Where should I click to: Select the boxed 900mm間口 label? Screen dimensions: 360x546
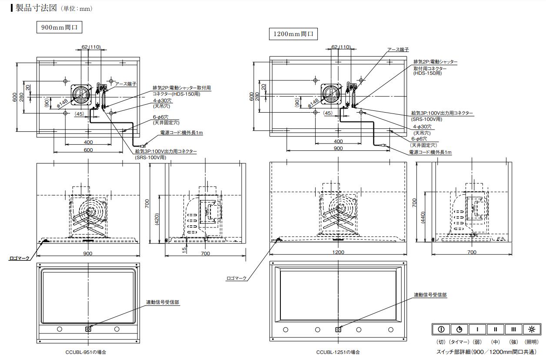click(59, 28)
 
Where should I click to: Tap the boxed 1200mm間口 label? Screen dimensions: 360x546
click(293, 34)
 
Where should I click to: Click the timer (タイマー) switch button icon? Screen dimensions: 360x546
click(459, 329)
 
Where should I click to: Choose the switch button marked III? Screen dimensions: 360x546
click(513, 329)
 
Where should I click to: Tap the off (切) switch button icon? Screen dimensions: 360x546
click(441, 329)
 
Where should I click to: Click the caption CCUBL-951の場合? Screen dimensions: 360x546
click(86, 352)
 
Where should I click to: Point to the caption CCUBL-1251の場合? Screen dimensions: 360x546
click(338, 352)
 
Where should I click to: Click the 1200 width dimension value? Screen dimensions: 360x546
click(338, 252)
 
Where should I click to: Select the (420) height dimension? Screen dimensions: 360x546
click(160, 220)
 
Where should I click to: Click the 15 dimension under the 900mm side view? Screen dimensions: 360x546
click(184, 250)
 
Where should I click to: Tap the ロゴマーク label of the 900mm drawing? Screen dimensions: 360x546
click(20, 258)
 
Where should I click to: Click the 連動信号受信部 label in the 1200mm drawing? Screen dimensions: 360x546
click(430, 295)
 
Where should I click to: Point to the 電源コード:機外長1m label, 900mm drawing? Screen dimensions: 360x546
click(182, 133)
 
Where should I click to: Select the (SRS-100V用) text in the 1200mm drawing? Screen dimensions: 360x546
click(426, 119)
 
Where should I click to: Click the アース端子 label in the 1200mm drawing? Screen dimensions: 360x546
click(398, 50)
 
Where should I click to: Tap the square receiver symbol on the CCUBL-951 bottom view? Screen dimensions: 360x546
click(88, 329)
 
